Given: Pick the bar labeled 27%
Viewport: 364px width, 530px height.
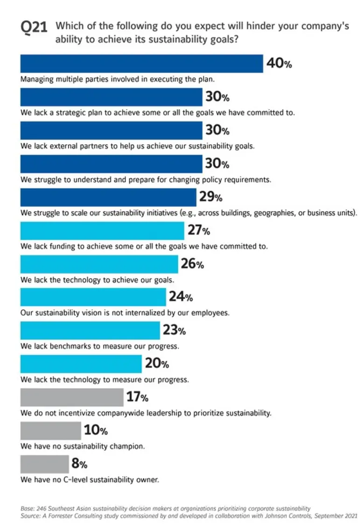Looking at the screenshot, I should (x=102, y=231).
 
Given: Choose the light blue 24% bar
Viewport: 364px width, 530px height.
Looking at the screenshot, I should (x=93, y=297).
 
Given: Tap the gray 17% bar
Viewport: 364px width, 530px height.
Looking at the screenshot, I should (x=72, y=397).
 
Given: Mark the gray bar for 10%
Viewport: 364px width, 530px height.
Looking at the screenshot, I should (x=50, y=431).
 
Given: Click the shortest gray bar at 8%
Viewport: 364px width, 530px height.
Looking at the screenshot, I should (x=44, y=464).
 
